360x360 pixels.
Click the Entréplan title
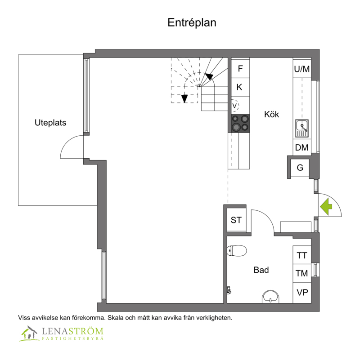(192, 23)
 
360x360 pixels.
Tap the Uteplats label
(50, 123)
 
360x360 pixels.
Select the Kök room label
(271, 114)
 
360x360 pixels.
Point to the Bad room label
(261, 270)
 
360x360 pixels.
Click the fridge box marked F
(240, 69)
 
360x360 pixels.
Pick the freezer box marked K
(240, 87)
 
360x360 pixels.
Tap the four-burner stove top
(240, 124)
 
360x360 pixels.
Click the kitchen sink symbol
(302, 129)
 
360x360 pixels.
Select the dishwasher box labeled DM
(302, 147)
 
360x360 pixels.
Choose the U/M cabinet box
(302, 69)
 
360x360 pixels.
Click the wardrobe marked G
(300, 168)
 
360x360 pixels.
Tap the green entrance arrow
(326, 207)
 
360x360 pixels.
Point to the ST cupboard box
(236, 220)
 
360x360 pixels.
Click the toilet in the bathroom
(237, 250)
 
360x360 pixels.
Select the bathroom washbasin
(270, 297)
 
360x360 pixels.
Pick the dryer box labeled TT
(302, 255)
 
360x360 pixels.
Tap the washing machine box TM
(302, 273)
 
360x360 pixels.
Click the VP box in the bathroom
(302, 293)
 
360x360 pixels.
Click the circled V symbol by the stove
(235, 106)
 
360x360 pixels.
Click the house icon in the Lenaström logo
(29, 333)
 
